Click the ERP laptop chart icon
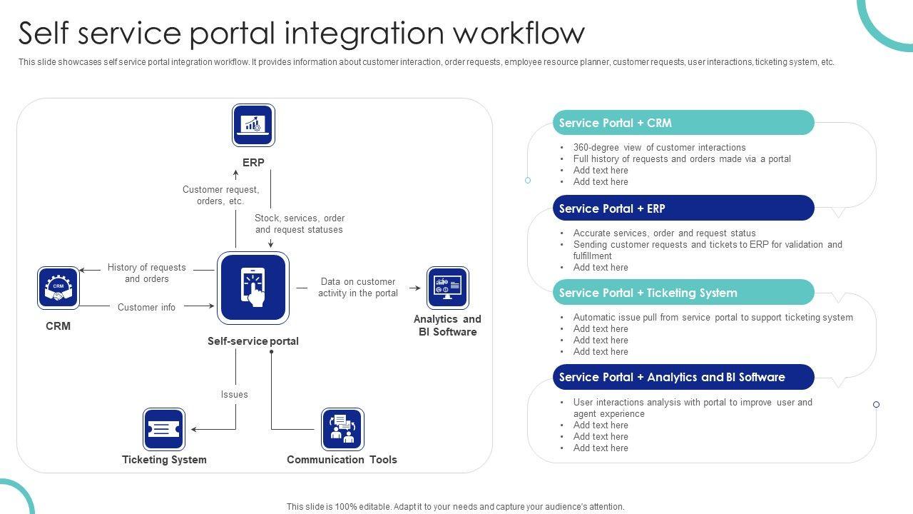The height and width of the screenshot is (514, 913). pyautogui.click(x=253, y=125)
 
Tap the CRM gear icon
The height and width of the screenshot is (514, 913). pyautogui.click(x=58, y=288)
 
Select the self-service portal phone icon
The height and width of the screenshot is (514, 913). pyautogui.click(x=253, y=287)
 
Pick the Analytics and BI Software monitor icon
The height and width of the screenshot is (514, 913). pyautogui.click(x=447, y=288)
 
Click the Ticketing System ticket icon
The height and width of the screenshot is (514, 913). pyautogui.click(x=164, y=429)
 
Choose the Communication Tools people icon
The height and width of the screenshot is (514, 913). pyautogui.click(x=342, y=429)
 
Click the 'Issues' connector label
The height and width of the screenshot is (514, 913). pyautogui.click(x=234, y=394)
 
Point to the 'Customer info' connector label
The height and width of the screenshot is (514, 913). pyautogui.click(x=146, y=307)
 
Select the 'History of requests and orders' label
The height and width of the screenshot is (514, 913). pyautogui.click(x=146, y=273)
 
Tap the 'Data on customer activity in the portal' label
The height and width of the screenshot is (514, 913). pyautogui.click(x=358, y=287)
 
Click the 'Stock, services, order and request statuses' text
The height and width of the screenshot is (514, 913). pyautogui.click(x=300, y=223)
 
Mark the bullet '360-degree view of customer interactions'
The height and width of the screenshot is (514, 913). pyautogui.click(x=659, y=147)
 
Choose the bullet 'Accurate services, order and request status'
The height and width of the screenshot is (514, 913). pyautogui.click(x=664, y=233)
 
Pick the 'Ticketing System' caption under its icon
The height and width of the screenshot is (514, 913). pyautogui.click(x=164, y=460)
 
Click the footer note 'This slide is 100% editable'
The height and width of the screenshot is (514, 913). pyautogui.click(x=455, y=507)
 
